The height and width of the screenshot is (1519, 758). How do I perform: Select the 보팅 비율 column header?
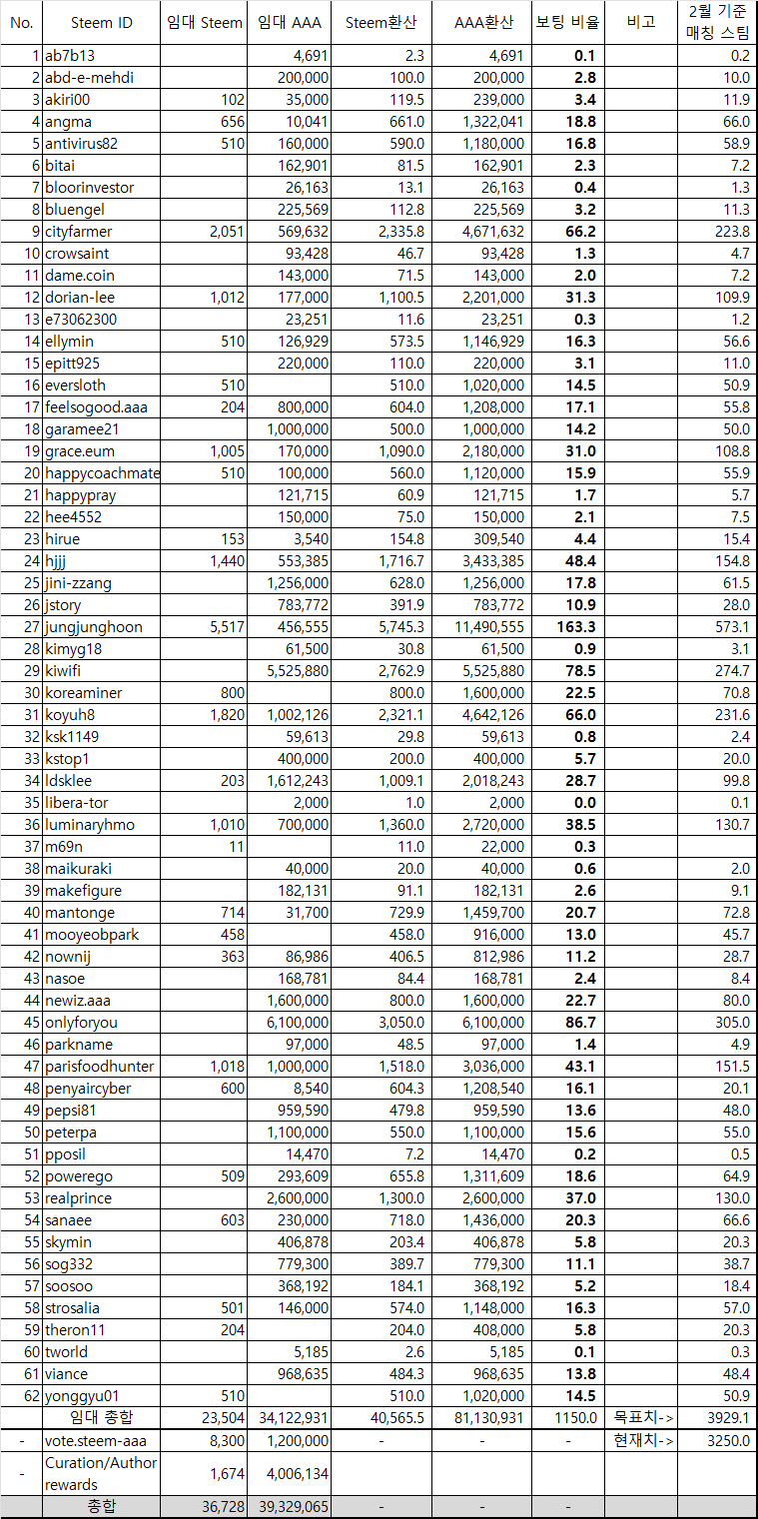(x=566, y=22)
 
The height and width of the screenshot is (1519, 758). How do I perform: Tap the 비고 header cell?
(x=640, y=22)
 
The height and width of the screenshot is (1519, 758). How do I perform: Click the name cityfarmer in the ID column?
(x=79, y=232)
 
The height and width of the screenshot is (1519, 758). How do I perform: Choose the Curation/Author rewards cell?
(x=101, y=1473)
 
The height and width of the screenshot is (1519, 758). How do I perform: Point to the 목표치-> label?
(x=640, y=1418)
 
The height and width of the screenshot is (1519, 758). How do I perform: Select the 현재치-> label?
(x=640, y=1440)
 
